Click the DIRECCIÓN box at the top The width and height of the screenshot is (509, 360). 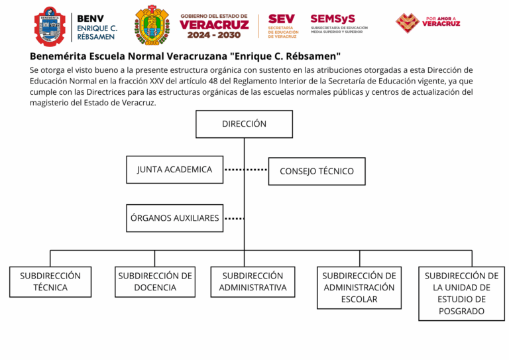tap(244, 124)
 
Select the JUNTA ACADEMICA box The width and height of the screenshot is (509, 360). tap(174, 170)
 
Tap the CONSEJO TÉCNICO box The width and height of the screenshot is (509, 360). tap(316, 171)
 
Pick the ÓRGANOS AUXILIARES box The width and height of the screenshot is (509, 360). tap(174, 218)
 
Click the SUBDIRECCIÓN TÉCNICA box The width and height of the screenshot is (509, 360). tap(50, 282)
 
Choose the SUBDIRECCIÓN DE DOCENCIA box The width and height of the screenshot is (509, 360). tap(155, 282)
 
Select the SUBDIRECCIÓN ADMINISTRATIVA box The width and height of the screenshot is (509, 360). tap(253, 282)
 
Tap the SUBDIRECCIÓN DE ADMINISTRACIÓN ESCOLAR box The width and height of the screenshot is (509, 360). tap(359, 288)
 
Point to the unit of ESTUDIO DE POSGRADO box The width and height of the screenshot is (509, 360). tap(461, 294)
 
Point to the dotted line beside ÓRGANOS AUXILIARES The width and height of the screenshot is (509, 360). tap(234, 218)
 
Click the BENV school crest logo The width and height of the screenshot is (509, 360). tap(50, 26)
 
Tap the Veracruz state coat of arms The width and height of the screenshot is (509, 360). tap(152, 26)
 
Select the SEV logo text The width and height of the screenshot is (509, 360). tap(281, 19)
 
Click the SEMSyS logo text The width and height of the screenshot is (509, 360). tap(333, 19)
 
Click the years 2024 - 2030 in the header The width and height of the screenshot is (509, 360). tap(214, 34)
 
